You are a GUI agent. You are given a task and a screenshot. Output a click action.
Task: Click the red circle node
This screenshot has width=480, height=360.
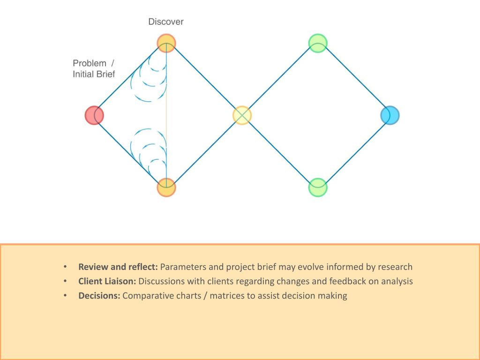pyautogui.click(x=94, y=115)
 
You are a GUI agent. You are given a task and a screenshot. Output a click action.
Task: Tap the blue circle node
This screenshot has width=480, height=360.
pyautogui.click(x=390, y=115)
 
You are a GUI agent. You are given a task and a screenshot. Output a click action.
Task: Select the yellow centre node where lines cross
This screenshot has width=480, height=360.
pyautogui.click(x=242, y=115)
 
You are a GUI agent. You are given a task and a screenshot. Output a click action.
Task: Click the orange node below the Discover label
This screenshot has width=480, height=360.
pyautogui.click(x=166, y=43)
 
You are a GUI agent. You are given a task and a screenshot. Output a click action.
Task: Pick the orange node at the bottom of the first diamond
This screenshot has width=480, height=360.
pyautogui.click(x=166, y=187)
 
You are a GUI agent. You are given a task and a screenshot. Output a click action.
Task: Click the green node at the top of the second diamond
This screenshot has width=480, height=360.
pyautogui.click(x=318, y=43)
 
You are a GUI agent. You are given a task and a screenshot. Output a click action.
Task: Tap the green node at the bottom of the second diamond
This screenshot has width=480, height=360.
pyautogui.click(x=318, y=187)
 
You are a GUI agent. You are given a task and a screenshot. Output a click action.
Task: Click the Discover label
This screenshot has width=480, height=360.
pyautogui.click(x=166, y=22)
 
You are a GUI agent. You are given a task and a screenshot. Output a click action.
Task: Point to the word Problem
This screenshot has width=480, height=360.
pyautogui.click(x=90, y=63)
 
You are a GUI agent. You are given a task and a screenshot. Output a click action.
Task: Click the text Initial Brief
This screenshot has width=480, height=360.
pyautogui.click(x=94, y=74)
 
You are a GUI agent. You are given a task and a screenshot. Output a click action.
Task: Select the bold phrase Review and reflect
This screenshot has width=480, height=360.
pyautogui.click(x=118, y=267)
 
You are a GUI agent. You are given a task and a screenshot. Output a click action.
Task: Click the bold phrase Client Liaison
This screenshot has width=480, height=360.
pyautogui.click(x=107, y=282)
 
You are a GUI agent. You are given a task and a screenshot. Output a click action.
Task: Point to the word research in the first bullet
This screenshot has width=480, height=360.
pyautogui.click(x=395, y=267)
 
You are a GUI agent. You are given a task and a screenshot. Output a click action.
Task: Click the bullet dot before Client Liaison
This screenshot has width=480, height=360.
pyautogui.click(x=65, y=282)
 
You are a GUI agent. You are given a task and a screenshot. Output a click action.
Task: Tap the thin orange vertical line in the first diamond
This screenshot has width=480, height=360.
pyautogui.click(x=166, y=115)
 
